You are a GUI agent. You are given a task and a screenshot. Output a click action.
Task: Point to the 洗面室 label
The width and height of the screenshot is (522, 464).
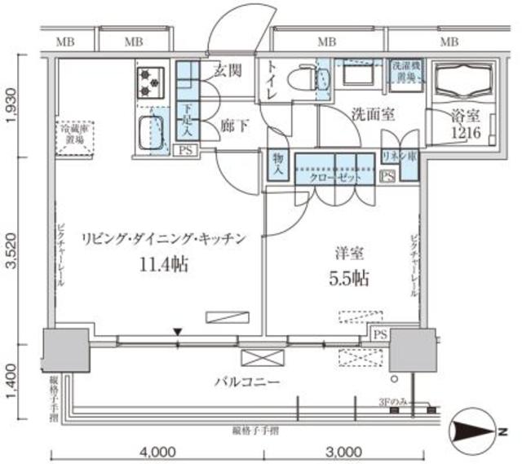pos(373,115)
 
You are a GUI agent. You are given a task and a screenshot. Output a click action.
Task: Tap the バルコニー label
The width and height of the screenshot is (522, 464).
pos(249,380)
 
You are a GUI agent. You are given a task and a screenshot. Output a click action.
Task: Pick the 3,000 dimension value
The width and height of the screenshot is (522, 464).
pos(343,451)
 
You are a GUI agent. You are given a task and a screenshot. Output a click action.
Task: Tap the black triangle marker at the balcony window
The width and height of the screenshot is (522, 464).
pos(178,331)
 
